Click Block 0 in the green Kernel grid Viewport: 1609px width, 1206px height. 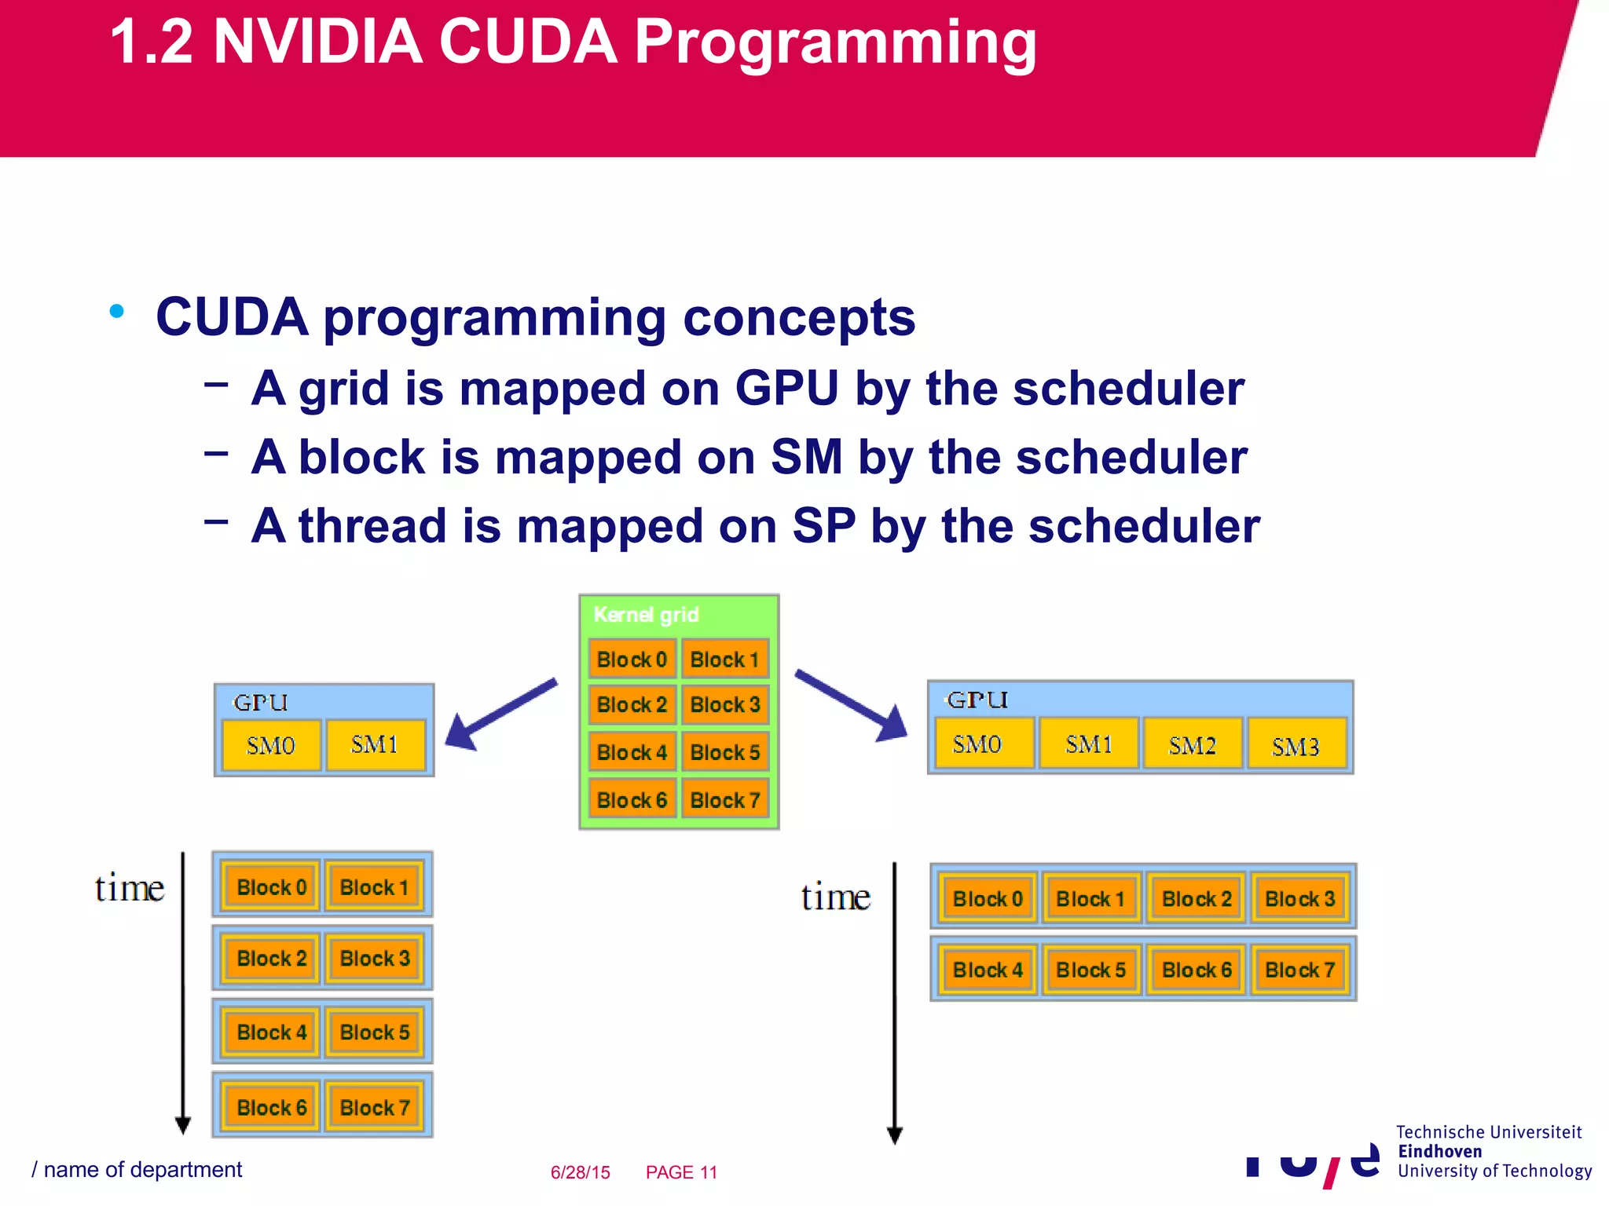(632, 660)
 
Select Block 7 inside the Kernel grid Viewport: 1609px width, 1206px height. (724, 800)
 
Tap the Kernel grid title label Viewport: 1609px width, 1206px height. (646, 615)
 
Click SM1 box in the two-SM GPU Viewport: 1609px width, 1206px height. (375, 744)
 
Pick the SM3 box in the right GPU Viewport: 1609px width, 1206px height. (1296, 746)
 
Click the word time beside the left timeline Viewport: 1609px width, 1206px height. (130, 889)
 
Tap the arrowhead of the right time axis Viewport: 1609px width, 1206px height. (894, 1135)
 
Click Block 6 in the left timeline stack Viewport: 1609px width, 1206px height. (271, 1107)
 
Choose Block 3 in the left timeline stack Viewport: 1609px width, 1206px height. (375, 959)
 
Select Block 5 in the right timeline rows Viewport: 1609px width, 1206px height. (1090, 970)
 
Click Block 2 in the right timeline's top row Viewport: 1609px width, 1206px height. (1196, 899)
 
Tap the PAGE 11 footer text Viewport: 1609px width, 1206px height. (681, 1172)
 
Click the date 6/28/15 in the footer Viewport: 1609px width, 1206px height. (580, 1172)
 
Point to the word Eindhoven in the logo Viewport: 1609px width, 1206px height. (1439, 1152)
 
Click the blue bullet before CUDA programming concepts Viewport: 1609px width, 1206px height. (117, 312)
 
